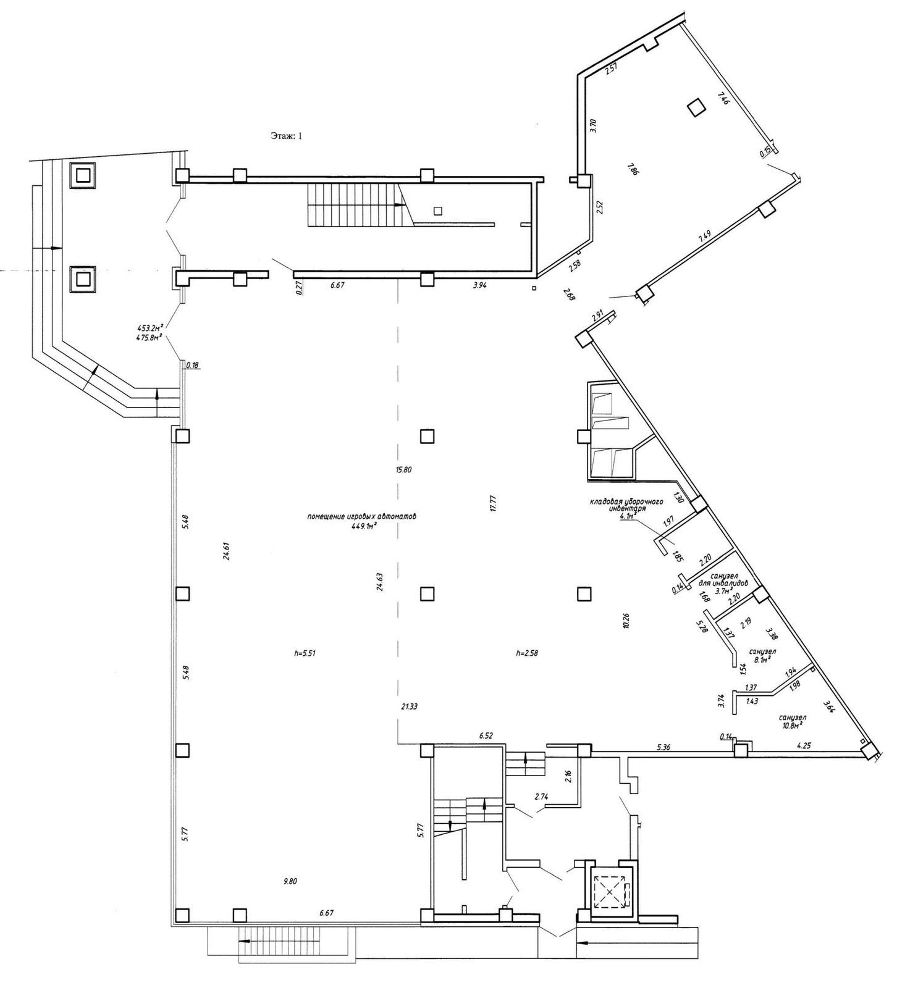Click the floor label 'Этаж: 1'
click(x=286, y=136)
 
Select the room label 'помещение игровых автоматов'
click(x=361, y=516)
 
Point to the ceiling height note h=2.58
click(x=527, y=653)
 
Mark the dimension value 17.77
click(x=492, y=503)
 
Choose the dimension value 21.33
click(x=409, y=706)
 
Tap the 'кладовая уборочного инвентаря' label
click(x=626, y=505)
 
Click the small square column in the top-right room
click(x=696, y=107)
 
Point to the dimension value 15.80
click(x=403, y=470)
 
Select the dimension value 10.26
click(x=626, y=620)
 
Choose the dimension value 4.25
click(x=804, y=745)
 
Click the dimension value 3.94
click(x=480, y=285)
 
